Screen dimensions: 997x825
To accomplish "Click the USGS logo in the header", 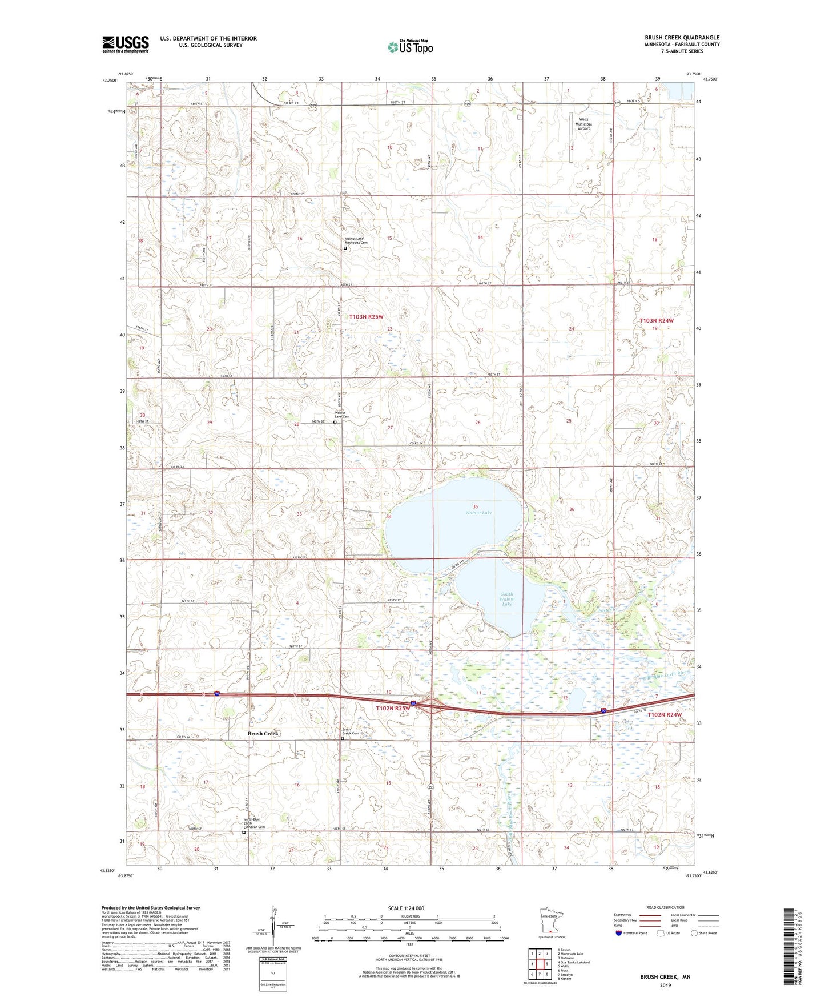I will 126,44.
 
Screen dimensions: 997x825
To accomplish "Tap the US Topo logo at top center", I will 410,47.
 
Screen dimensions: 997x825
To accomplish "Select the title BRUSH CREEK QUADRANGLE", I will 682,38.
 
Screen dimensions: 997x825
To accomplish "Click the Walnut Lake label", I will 478,513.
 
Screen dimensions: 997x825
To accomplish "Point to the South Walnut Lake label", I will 507,599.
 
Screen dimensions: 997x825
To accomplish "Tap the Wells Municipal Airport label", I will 583,124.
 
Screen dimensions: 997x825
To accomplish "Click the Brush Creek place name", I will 263,734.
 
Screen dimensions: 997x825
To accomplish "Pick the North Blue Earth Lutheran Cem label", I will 254,823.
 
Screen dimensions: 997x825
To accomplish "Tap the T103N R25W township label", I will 366,316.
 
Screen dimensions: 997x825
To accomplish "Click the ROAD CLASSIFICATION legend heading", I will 665,907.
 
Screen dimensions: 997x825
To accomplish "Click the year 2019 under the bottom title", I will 665,985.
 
